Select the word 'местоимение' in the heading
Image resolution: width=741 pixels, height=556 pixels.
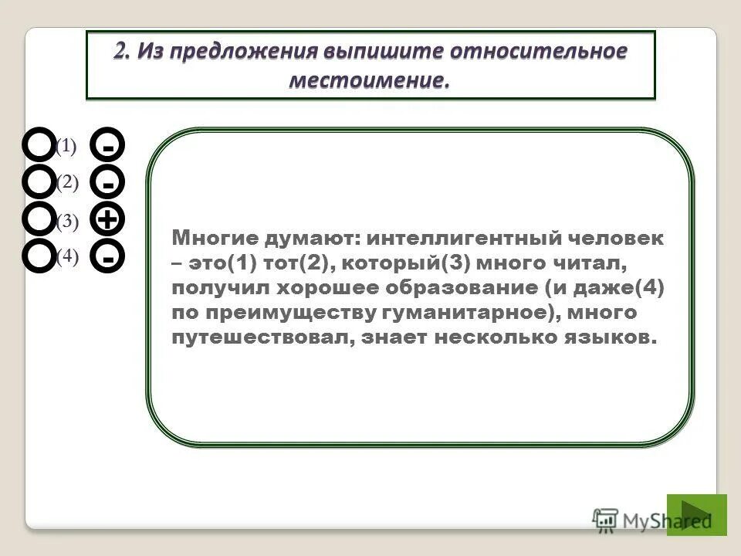click(x=369, y=80)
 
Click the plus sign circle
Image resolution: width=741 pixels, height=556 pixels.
click(x=108, y=219)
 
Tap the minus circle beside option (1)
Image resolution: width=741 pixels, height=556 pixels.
click(x=108, y=144)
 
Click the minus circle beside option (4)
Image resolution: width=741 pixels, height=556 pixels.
click(x=108, y=256)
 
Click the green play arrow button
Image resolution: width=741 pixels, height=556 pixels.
click(x=696, y=514)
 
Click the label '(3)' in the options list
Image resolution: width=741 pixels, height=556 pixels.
click(x=67, y=222)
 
